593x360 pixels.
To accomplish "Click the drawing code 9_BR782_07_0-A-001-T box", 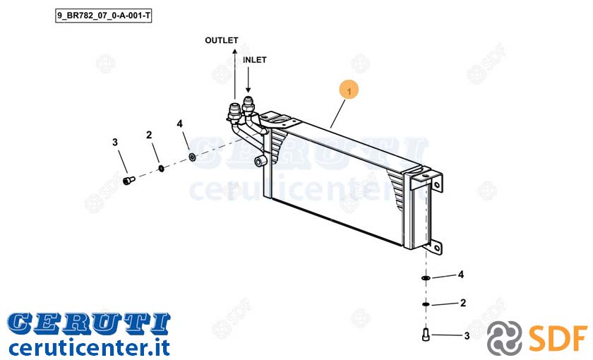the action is [103, 16].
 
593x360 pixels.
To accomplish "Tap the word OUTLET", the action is [222, 40].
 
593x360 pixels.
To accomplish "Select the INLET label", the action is [255, 60].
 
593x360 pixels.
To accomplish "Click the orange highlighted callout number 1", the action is [349, 90].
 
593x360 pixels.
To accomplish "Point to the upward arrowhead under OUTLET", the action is [235, 51].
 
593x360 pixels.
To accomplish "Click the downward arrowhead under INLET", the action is [248, 90].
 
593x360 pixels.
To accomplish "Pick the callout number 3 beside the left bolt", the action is [115, 142].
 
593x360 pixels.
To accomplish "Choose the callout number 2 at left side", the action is [149, 135].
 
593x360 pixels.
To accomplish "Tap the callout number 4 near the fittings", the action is [179, 124].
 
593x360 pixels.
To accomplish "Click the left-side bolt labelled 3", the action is [129, 181].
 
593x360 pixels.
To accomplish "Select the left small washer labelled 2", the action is [161, 168].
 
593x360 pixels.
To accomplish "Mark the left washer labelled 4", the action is [192, 157].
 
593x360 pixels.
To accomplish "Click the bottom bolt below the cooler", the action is [426, 334].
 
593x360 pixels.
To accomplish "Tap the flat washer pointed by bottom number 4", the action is [426, 278].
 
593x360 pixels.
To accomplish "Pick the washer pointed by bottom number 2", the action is [426, 304].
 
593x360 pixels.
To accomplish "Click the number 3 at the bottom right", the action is [467, 335].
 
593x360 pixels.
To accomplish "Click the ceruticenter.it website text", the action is [89, 347].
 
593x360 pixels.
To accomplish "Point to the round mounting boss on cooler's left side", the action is [260, 162].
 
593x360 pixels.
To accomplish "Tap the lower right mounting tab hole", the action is [437, 248].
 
